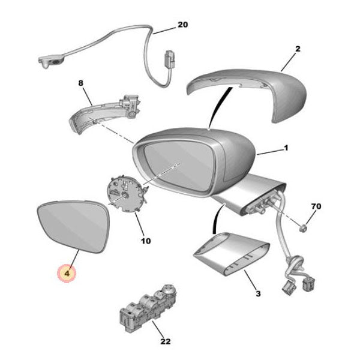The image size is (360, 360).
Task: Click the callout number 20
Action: click(182, 25)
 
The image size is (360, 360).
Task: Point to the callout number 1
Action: click(286, 148)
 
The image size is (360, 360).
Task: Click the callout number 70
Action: click(316, 207)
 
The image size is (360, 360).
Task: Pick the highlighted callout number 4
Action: click(67, 274)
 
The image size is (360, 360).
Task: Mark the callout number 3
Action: click(257, 293)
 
